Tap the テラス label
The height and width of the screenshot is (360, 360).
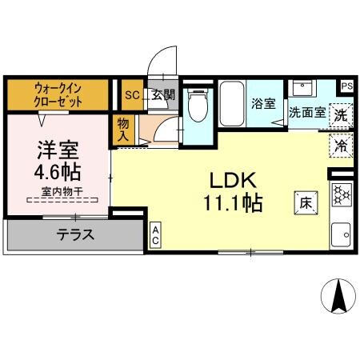tap(75, 235)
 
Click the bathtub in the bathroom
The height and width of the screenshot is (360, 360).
tap(232, 103)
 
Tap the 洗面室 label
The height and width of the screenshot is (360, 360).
tap(307, 113)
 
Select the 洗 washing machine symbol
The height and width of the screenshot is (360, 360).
tap(342, 114)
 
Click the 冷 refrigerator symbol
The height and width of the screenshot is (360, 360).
tap(341, 146)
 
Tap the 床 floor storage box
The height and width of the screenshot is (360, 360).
tap(306, 202)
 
